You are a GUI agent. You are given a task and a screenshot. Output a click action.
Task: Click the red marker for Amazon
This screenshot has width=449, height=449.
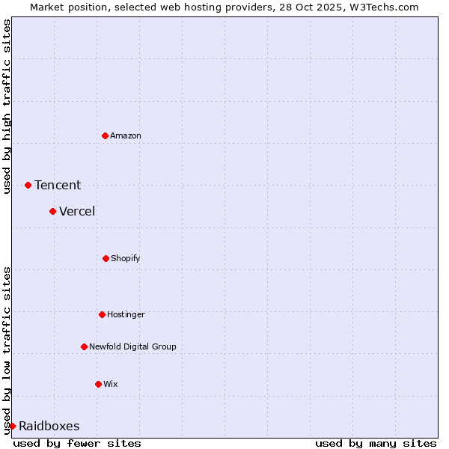coord(105,135)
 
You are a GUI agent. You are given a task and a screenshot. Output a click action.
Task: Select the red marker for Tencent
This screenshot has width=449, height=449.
coord(28,185)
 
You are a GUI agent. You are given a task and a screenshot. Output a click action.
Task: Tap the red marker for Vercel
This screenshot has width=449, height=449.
coord(52,211)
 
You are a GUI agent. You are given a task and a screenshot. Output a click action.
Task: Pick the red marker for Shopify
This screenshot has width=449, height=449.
coord(106,258)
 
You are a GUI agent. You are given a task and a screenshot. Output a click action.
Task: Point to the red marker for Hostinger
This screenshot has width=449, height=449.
coord(102,314)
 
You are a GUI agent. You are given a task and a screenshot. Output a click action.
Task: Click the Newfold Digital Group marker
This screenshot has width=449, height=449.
coord(84,346)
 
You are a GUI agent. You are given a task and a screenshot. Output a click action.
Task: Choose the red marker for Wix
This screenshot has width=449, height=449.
coord(98,384)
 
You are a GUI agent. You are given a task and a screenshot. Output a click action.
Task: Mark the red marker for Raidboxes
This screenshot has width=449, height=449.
coord(12,426)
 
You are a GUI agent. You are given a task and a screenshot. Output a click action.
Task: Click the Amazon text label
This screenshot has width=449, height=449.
coord(126,135)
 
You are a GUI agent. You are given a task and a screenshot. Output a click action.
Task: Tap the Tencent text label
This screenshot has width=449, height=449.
coord(58,185)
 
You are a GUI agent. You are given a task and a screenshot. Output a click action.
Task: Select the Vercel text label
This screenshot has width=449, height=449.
coord(77,211)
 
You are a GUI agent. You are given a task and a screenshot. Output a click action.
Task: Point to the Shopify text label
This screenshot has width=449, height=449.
coord(126,258)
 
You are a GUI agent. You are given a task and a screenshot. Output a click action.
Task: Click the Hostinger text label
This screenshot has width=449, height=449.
coord(126,314)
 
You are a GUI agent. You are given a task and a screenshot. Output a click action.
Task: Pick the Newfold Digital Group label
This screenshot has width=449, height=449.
coord(132,346)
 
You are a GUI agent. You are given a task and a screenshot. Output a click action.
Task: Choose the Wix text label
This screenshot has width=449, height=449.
coord(111,384)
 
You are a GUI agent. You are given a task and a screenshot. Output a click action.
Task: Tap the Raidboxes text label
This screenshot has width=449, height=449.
coord(49,426)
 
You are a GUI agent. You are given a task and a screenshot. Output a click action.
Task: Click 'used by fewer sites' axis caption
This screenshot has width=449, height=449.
coord(77,443)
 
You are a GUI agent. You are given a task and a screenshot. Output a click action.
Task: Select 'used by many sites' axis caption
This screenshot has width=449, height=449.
coord(376,443)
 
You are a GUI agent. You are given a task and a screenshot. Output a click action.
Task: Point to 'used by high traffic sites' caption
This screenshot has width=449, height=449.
coord(7,106)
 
